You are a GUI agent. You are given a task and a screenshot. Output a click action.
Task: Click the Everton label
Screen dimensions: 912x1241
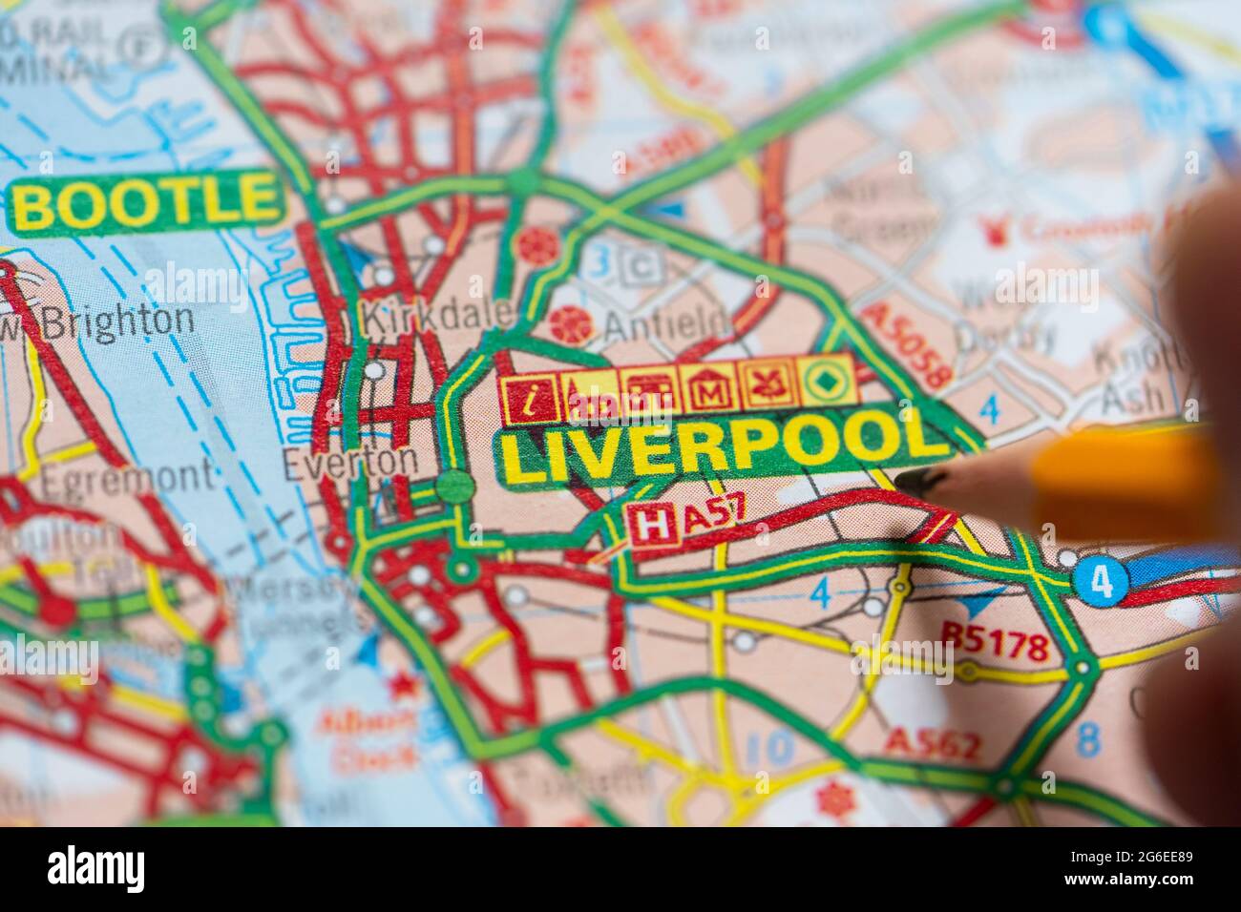[x=349, y=463]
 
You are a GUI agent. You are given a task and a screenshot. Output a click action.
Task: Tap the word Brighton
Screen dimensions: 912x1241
[x=117, y=321]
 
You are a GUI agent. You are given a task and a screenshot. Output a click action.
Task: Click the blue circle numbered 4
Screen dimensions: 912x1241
[x=1101, y=582]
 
